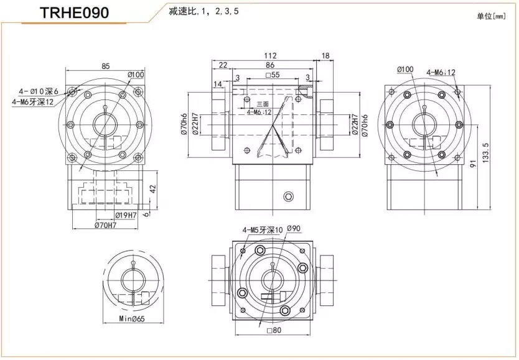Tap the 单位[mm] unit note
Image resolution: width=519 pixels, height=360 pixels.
click(x=491, y=16)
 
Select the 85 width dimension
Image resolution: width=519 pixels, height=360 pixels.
click(x=106, y=65)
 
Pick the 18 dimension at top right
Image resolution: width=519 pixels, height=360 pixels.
click(x=325, y=56)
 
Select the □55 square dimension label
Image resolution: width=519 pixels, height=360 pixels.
click(x=272, y=75)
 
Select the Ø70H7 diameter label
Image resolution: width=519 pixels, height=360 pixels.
click(x=106, y=225)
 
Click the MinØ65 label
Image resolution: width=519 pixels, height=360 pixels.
click(x=131, y=320)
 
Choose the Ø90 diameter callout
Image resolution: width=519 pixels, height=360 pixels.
click(x=294, y=229)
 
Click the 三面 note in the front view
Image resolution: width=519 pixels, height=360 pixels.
click(x=262, y=104)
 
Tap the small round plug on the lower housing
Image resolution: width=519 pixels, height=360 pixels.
click(x=288, y=197)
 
